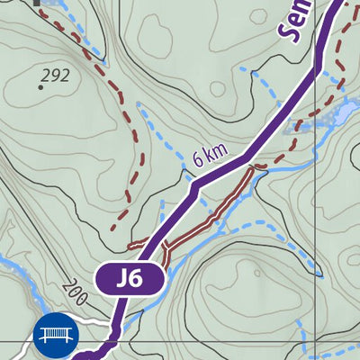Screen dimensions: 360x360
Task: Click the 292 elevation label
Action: [x=55, y=76]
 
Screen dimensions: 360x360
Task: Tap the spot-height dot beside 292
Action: [x=41, y=87]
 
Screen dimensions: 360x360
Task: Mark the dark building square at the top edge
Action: [x=37, y=3]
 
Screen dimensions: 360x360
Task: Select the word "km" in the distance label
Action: [x=215, y=152]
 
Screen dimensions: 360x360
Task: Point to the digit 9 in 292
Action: [x=55, y=76]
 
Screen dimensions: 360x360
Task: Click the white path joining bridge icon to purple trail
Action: [x=94, y=321]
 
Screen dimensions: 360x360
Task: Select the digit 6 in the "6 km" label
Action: [x=198, y=162]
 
